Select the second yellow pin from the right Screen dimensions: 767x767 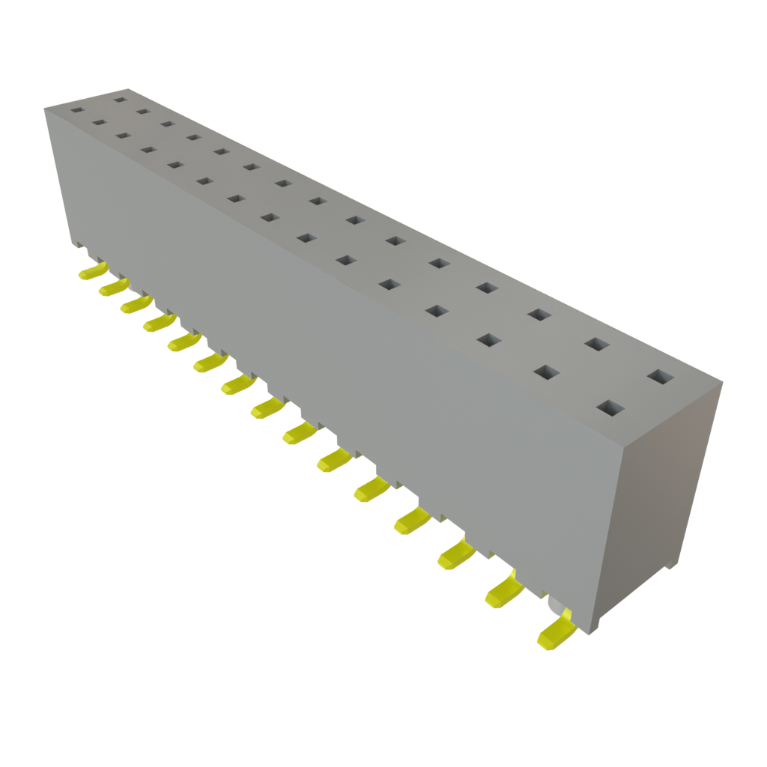pos(504,591)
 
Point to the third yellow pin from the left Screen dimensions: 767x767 pos(135,304)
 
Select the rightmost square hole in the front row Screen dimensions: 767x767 pos(610,409)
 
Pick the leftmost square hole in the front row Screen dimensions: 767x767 pos(76,109)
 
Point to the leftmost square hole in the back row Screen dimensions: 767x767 pos(120,97)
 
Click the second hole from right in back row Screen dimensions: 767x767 pos(596,344)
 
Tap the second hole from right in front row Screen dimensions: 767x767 pos(548,372)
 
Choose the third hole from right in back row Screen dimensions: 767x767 pos(538,314)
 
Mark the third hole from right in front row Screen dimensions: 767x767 pos(488,341)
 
